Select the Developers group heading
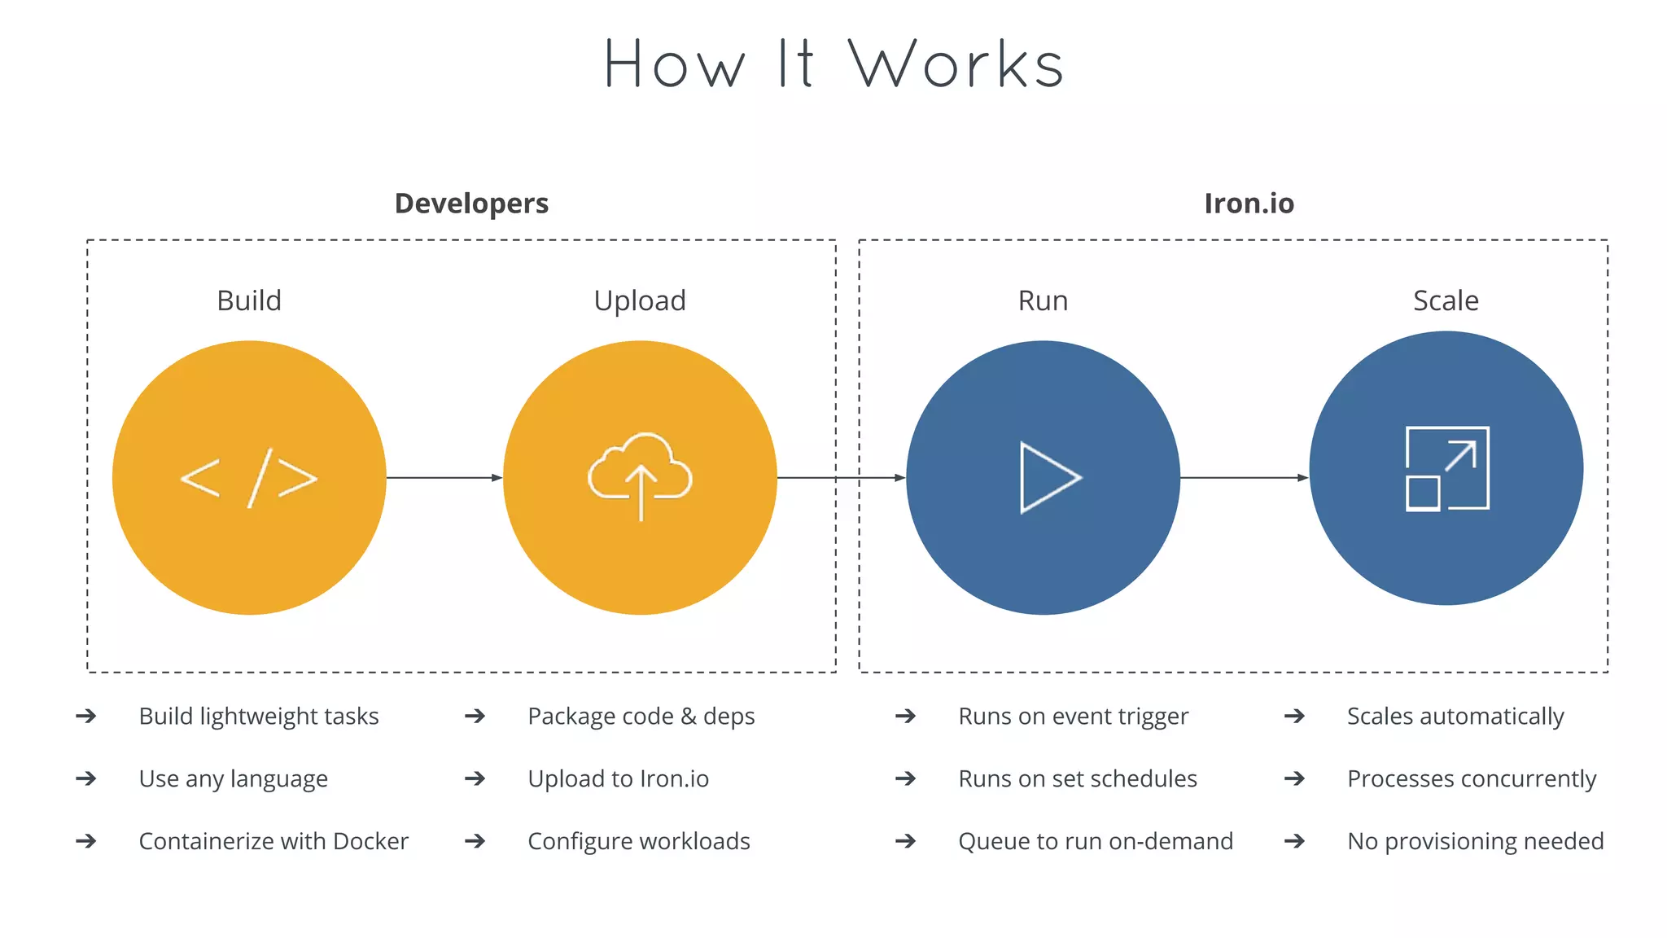471,203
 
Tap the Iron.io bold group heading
1249,203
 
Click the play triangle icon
1048,478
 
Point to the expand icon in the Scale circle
1447,469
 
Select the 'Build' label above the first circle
249,300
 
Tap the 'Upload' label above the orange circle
640,301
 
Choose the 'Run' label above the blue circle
1043,300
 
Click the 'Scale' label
1446,300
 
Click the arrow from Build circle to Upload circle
444,478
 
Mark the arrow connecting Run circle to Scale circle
1244,478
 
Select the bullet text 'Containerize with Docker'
273,841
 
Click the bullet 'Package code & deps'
641,717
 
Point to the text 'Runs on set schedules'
1078,779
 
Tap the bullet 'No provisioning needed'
1475,841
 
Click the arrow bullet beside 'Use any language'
86,779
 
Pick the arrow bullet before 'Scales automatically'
1294,717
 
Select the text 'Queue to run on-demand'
1096,841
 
